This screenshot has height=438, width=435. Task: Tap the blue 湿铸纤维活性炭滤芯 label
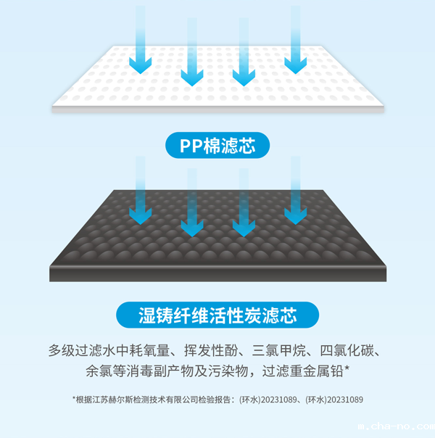[217, 315]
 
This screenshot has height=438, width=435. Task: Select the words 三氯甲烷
[286, 352]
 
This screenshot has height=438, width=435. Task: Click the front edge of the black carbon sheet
[217, 274]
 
